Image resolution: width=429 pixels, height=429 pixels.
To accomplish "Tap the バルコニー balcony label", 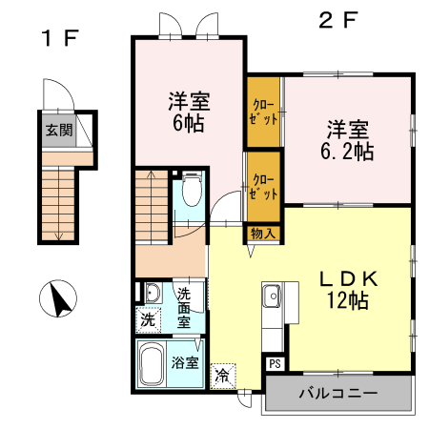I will point(337,393).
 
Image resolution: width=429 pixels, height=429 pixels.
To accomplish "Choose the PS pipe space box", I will point(275,363).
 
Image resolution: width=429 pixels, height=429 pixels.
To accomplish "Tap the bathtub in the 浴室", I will point(153,363).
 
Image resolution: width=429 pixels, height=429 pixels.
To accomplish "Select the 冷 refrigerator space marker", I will point(222,375).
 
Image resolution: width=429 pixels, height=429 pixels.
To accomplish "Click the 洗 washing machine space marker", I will point(148,321).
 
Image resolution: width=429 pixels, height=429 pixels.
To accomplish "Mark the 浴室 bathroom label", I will point(185,362).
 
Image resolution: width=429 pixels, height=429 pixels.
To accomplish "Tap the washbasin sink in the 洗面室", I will point(151,293).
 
